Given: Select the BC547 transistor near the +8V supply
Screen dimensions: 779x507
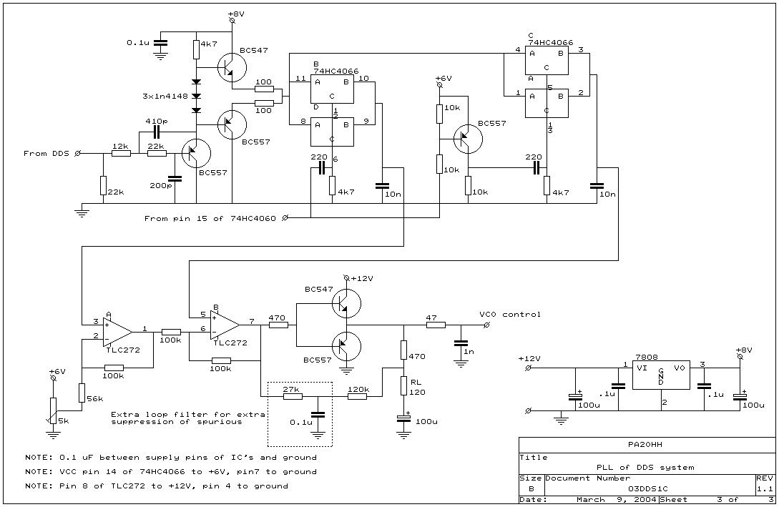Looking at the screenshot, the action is click(x=232, y=67).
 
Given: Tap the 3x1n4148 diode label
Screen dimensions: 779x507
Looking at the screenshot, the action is click(x=165, y=96).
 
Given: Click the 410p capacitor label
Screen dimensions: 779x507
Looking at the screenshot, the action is click(x=157, y=121).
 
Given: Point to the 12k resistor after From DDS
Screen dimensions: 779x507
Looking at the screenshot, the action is click(x=121, y=154).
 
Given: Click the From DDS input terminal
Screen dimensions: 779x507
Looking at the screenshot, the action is click(x=77, y=154).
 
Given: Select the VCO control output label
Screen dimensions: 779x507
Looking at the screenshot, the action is click(x=510, y=315).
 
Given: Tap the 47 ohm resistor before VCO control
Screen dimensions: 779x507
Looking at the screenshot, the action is click(x=435, y=325).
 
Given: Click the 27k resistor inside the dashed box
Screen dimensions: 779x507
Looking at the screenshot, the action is click(x=292, y=396).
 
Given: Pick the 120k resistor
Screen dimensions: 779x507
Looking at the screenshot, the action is click(x=357, y=396).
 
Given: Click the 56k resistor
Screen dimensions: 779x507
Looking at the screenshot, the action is click(x=82, y=393).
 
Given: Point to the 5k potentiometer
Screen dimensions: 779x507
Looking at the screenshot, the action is click(x=53, y=410).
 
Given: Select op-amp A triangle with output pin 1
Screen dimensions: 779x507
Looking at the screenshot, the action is click(x=118, y=332).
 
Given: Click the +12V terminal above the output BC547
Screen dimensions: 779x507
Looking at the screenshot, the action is click(x=346, y=277).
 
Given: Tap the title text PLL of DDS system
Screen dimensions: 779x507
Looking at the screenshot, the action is click(x=645, y=467).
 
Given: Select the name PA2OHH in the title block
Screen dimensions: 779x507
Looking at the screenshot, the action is click(x=645, y=445).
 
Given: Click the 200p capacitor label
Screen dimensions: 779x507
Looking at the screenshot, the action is click(x=160, y=186).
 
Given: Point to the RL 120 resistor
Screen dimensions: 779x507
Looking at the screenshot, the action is click(x=404, y=387).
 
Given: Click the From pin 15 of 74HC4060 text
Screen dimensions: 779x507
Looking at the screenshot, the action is click(x=210, y=219).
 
